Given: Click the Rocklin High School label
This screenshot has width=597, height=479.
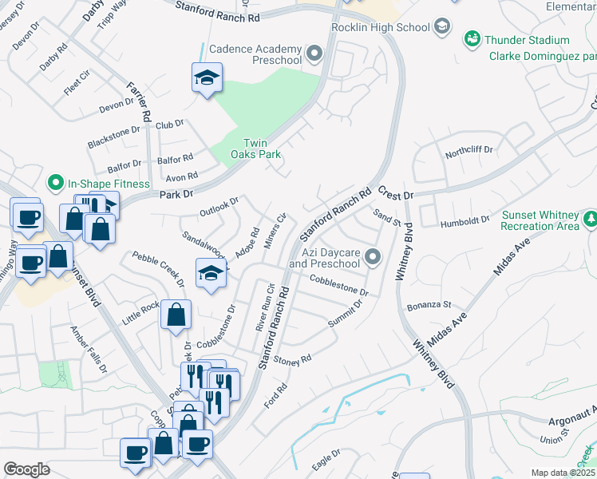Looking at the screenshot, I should pos(381,28).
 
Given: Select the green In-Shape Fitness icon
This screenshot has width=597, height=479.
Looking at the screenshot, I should pos(55,184).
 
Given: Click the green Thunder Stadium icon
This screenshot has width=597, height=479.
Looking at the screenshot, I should pos(472,39).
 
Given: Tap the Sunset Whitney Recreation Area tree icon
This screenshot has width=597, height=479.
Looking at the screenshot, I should pos(591,218).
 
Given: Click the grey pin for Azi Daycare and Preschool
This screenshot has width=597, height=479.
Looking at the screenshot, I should pos(373,257).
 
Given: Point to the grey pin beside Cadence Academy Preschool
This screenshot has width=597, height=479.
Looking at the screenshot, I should pos(314,54).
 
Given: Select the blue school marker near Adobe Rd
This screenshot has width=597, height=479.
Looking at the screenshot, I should pos(209,273).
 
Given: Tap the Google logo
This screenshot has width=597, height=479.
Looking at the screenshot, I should pos(26,469).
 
